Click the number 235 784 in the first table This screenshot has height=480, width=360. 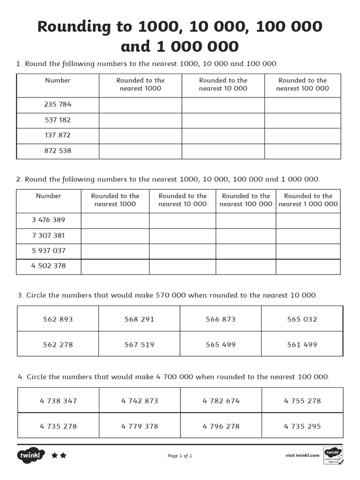[x=58, y=105]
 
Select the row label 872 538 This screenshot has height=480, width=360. [x=58, y=151]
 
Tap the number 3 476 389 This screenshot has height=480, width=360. [x=49, y=220]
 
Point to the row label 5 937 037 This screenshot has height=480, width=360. [x=49, y=251]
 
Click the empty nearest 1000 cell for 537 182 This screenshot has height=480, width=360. [x=140, y=120]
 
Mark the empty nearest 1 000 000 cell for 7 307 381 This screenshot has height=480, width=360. [x=308, y=236]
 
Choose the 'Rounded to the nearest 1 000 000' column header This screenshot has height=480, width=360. [x=308, y=200]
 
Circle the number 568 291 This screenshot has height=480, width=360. [x=139, y=319]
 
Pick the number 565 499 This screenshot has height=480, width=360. [x=221, y=345]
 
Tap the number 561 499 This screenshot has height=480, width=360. [x=302, y=345]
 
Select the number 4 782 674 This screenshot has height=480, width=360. [x=221, y=401]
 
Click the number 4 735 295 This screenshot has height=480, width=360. [x=302, y=426]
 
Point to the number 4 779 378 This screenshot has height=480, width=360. [x=140, y=426]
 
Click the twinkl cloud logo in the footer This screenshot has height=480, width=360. [x=31, y=455]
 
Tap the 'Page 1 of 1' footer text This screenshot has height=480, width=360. [x=180, y=456]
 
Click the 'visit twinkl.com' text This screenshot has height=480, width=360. [x=302, y=455]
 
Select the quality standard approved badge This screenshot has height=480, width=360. [x=333, y=455]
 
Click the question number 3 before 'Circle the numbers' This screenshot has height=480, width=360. [x=20, y=295]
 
